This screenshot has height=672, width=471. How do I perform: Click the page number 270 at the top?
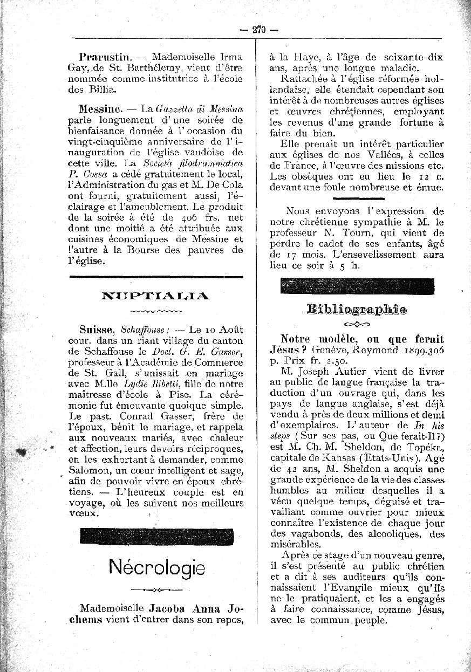260,30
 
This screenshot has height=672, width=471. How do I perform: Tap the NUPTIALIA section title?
155,295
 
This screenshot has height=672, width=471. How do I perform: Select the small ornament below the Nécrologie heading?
156,588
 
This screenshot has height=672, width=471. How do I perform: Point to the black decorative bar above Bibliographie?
357,285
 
